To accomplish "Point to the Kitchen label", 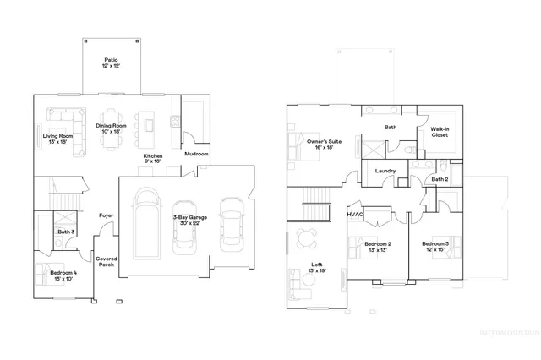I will (152, 159).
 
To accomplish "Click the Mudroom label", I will (196, 155).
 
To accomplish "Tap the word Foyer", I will (107, 215).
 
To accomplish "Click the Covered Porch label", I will (107, 262).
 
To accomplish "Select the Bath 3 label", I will (66, 232).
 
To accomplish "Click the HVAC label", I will (355, 215).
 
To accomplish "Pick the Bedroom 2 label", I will (376, 247).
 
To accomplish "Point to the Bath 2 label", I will (440, 179).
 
